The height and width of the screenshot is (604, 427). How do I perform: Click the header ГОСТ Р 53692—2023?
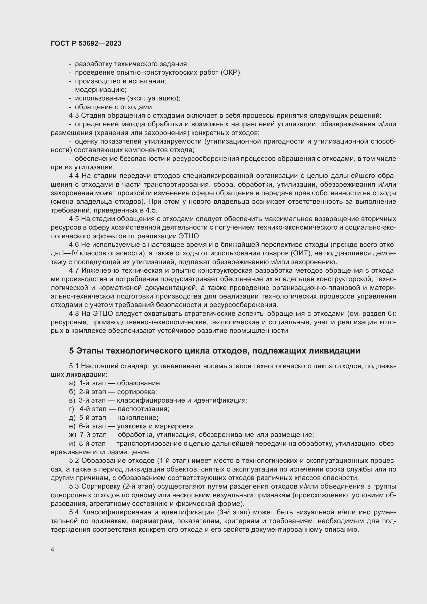pyautogui.click(x=86, y=44)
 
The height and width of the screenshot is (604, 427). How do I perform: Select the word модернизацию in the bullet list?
pyautogui.click(x=101, y=90)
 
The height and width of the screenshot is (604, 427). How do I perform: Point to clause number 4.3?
pyautogui.click(x=74, y=115)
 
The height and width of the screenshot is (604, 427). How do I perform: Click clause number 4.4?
pyautogui.click(x=74, y=176)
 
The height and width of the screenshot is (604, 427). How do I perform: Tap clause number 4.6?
pyautogui.click(x=74, y=245)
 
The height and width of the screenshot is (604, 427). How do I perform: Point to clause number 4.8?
pyautogui.click(x=74, y=313)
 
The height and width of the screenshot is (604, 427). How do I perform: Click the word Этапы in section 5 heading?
pyautogui.click(x=90, y=351)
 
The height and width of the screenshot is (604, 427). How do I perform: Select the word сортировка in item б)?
pyautogui.click(x=137, y=392)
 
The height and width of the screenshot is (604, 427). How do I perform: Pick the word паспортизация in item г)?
pyautogui.click(x=143, y=409)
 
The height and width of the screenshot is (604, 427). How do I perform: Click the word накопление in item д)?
pyautogui.click(x=138, y=418)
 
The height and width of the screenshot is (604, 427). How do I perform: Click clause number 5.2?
pyautogui.click(x=74, y=461)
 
